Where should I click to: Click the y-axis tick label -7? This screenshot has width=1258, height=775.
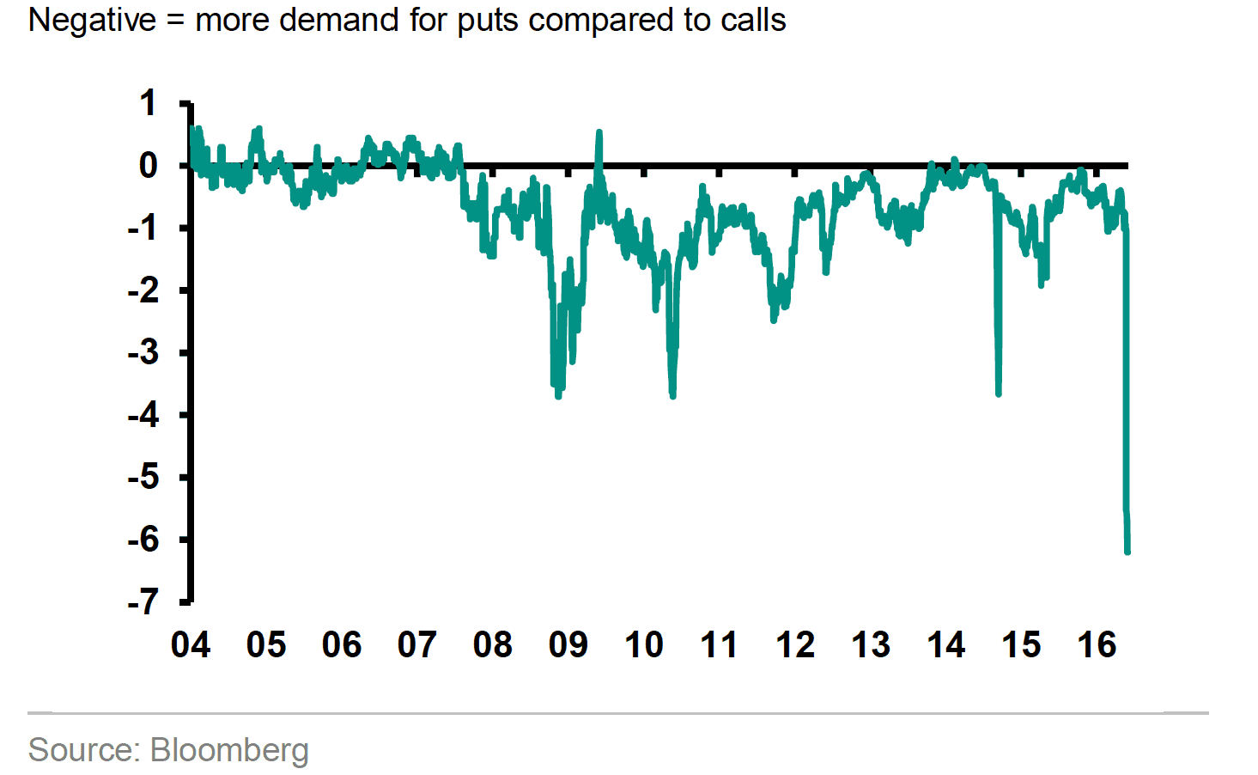[x=143, y=601]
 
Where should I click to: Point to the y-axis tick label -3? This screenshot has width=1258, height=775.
[x=143, y=352]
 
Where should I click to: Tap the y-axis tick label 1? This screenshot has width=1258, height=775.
[x=149, y=103]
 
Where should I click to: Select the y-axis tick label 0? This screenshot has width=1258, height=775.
[x=149, y=165]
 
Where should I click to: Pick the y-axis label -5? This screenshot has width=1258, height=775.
[x=143, y=477]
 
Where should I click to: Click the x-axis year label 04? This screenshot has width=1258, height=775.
[x=190, y=644]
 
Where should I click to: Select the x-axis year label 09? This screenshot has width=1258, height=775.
[x=568, y=644]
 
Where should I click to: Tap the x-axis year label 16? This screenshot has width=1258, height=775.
[x=1097, y=644]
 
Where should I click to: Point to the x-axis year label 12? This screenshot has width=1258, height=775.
[x=794, y=644]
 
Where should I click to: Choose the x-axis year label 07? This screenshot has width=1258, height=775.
[x=416, y=644]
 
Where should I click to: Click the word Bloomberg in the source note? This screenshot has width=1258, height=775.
[x=229, y=750]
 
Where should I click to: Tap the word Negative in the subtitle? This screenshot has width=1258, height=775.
[x=92, y=20]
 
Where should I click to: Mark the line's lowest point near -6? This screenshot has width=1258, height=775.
[x=1127, y=551]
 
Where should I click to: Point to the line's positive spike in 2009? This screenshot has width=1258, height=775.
[x=599, y=133]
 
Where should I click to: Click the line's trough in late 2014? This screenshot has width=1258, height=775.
[x=998, y=393]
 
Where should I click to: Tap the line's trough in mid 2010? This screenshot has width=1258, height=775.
[x=672, y=395]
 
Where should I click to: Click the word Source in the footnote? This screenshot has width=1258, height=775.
[x=83, y=750]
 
